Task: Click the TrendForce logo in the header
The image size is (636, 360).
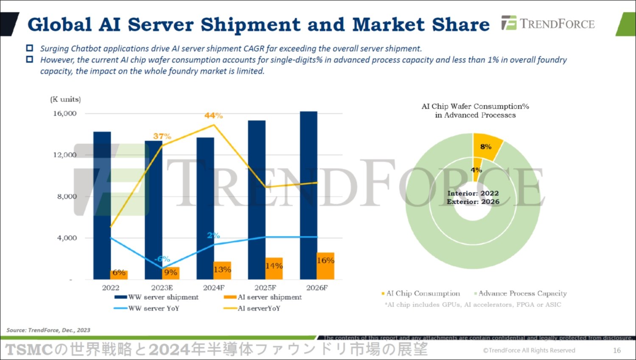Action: click(x=548, y=23)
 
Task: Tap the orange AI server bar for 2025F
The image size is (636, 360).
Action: click(x=274, y=268)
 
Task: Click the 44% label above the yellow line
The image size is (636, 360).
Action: click(x=213, y=115)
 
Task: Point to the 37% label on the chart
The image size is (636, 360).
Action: click(x=162, y=136)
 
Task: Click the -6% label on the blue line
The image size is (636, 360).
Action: click(x=162, y=259)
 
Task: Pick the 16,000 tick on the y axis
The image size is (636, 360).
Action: click(x=65, y=113)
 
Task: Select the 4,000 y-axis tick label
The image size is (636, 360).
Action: click(x=67, y=238)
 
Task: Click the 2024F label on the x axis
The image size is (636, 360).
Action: click(x=214, y=288)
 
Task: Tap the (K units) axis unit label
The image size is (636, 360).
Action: click(x=65, y=99)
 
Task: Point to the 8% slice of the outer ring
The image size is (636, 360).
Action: click(x=487, y=146)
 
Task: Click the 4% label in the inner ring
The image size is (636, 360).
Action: click(x=476, y=170)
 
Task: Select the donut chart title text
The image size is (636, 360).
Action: click(x=475, y=110)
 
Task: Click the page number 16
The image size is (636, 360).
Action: click(x=617, y=350)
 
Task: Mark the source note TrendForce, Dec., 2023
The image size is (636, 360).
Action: click(x=48, y=330)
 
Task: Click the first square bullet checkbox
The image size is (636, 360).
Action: click(x=30, y=48)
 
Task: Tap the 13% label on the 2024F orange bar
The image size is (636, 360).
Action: click(x=222, y=270)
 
